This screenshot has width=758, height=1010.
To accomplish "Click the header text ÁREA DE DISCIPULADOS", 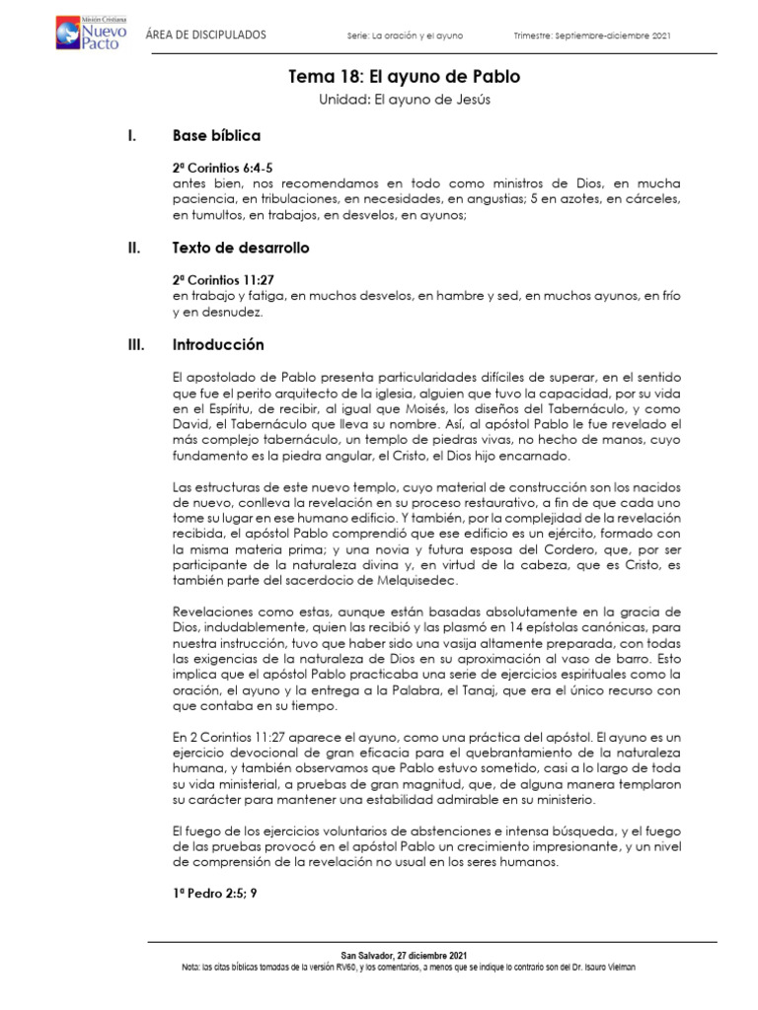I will tap(205, 36).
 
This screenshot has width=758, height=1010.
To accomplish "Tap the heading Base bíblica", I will tap(216, 135).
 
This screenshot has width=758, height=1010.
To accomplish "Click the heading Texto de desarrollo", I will tap(241, 249).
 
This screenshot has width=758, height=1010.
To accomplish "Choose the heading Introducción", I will tap(218, 345).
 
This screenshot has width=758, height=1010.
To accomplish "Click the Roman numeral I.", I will tap(131, 135).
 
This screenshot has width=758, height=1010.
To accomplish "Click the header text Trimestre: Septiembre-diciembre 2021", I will tap(592, 36).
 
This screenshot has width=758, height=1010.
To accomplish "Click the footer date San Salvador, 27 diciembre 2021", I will tap(404, 956).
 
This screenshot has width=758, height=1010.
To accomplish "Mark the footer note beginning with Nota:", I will tap(404, 968).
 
